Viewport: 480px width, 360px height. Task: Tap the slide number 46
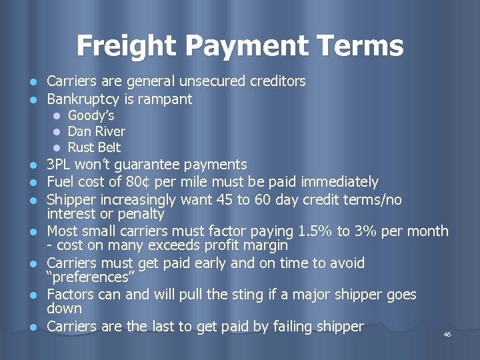(447, 334)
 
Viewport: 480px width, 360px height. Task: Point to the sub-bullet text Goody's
(91, 116)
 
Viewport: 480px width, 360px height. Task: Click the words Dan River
(97, 131)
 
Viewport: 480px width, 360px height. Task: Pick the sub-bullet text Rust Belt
(95, 147)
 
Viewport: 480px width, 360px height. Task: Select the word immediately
(340, 182)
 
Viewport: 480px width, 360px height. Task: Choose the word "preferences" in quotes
(86, 277)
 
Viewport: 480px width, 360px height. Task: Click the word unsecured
(214, 81)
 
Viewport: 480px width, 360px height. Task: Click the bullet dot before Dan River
(57, 132)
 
